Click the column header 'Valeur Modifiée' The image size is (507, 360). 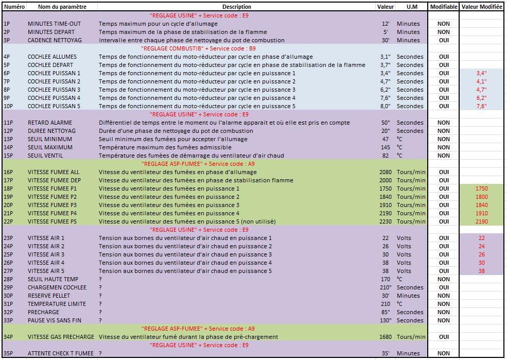[482, 7]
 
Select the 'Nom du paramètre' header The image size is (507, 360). [62, 7]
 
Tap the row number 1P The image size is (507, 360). [7, 24]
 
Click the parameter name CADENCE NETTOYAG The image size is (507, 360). [55, 40]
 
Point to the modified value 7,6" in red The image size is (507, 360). [481, 106]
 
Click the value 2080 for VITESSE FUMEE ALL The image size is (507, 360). [385, 172]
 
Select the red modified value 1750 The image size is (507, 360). [481, 188]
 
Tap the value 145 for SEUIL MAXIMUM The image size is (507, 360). [385, 147]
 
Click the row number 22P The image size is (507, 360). [8, 221]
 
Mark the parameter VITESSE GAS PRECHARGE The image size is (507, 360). [61, 337]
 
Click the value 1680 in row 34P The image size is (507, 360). [385, 337]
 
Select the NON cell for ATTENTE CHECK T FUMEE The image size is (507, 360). [444, 353]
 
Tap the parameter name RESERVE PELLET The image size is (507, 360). [49, 296]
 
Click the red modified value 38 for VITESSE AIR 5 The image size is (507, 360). [481, 271]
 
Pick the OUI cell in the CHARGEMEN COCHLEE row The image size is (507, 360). [444, 287]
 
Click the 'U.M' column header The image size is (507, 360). [412, 7]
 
